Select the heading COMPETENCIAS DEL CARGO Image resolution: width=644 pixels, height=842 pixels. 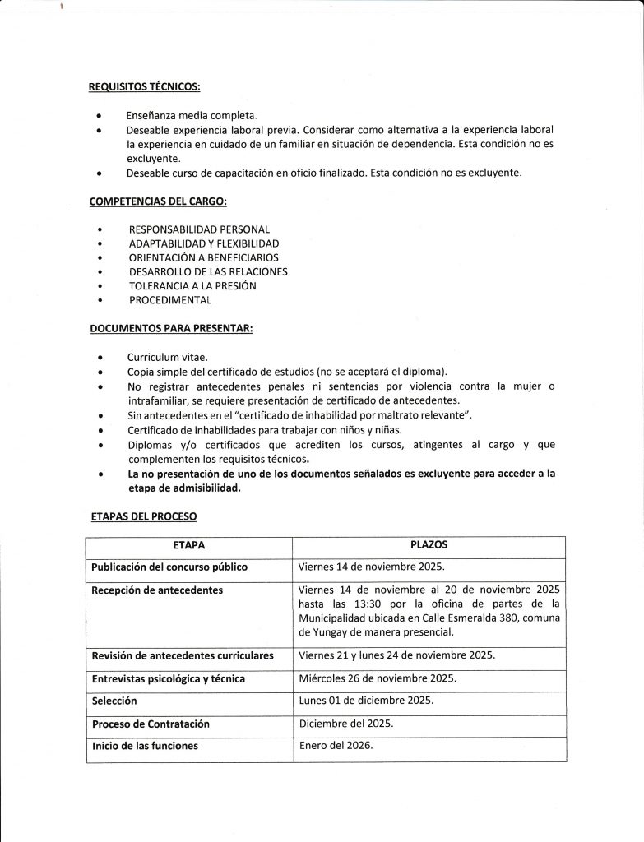pyautogui.click(x=147, y=201)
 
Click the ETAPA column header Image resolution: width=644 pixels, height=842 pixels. pyautogui.click(x=189, y=546)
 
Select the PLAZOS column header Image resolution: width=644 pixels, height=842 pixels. pyautogui.click(x=429, y=545)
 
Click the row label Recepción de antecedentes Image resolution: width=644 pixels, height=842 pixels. pyautogui.click(x=157, y=590)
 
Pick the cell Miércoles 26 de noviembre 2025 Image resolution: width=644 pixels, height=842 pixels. pyautogui.click(x=377, y=678)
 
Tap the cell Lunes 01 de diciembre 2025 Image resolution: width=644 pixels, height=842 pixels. pyautogui.click(x=365, y=701)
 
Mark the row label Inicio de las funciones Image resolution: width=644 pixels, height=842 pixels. pyautogui.click(x=145, y=746)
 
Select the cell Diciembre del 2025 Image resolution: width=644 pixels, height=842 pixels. pyautogui.click(x=346, y=724)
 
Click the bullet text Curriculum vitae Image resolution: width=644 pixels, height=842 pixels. pyautogui.click(x=168, y=359)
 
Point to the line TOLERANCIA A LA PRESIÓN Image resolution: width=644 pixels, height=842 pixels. pyautogui.click(x=192, y=286)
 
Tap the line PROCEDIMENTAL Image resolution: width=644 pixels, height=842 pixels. pyautogui.click(x=169, y=301)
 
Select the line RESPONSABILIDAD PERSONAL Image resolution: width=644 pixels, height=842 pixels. pyautogui.click(x=199, y=229)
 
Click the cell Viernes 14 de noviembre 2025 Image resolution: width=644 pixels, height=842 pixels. pyautogui.click(x=371, y=567)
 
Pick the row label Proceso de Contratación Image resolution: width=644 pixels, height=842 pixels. pyautogui.click(x=151, y=724)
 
